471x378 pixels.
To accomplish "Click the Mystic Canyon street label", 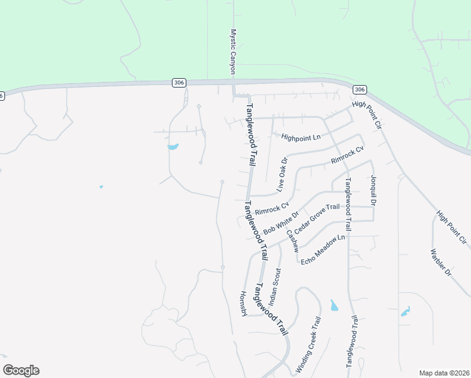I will pos(232,52).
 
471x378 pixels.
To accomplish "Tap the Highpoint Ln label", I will pos(301,137).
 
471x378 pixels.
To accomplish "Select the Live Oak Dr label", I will pos(281,174).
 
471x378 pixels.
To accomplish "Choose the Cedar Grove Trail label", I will pos(317,218).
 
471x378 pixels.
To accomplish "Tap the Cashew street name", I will pos(292,241).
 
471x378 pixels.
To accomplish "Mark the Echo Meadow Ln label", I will pos(323,249).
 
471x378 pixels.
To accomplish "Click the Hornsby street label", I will pos(244,304).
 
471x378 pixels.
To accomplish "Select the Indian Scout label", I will pos(276,285).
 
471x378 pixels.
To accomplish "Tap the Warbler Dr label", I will pos(441,263).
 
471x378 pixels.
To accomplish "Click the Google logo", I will pos(21,370).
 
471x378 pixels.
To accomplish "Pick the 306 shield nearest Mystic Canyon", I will pos(179,83).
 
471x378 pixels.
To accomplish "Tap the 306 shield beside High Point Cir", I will pos(359,89).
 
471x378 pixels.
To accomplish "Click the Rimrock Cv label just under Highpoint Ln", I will pos(348,156).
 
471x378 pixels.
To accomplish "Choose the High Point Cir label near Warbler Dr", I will pos(451,228).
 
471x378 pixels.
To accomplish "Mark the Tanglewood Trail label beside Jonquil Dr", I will pos(347,203).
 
